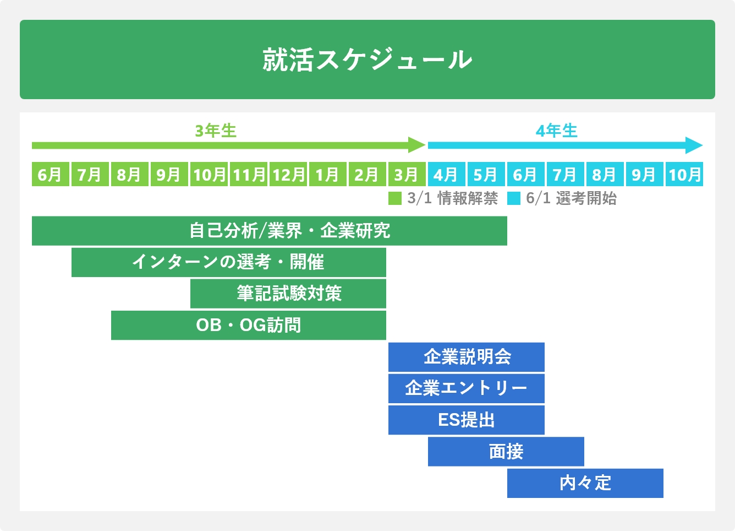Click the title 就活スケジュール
click(367, 59)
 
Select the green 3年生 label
click(216, 131)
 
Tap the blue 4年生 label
click(557, 131)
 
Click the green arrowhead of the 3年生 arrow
click(418, 145)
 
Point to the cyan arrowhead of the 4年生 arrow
click(694, 145)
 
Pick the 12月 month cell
click(288, 175)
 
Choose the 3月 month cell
click(407, 175)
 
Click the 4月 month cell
click(446, 175)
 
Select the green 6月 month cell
click(50, 175)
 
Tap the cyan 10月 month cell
click(684, 175)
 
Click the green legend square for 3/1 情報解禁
click(395, 198)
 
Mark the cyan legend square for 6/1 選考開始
click(513, 198)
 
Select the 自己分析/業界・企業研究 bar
click(270, 231)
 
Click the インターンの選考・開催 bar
click(228, 262)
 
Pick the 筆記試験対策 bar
click(288, 294)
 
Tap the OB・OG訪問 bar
click(249, 325)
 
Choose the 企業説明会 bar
click(467, 357)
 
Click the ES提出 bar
click(467, 420)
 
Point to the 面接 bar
click(506, 452)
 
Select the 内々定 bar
click(585, 483)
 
